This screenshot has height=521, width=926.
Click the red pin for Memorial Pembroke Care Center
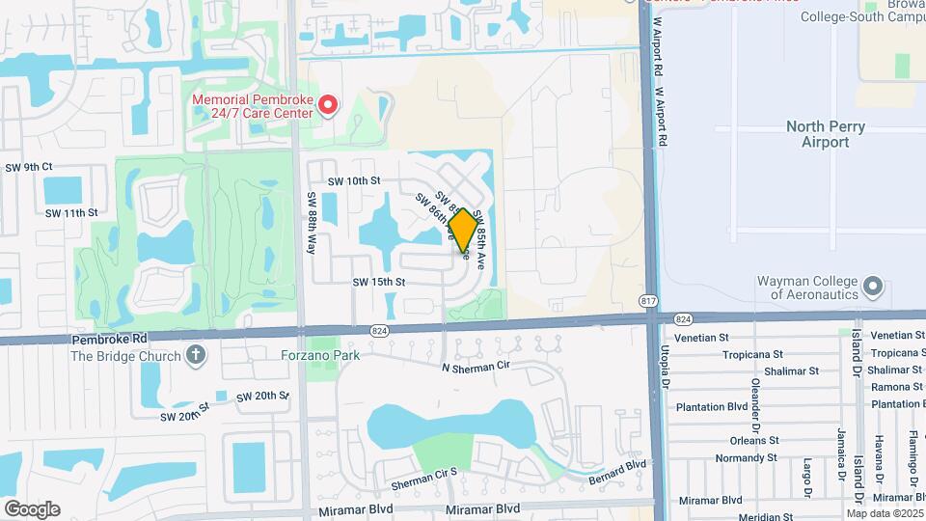[x=328, y=104]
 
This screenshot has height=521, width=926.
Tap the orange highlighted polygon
[x=462, y=231]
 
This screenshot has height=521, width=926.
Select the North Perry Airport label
[x=825, y=134]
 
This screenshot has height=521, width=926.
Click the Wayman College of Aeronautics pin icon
[x=873, y=287]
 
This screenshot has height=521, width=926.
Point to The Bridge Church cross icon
[x=196, y=355]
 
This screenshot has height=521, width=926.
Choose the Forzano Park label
[x=321, y=355]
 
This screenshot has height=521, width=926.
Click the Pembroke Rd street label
[x=107, y=340]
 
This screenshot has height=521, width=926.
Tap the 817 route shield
[x=649, y=303]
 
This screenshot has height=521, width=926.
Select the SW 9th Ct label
[x=28, y=167]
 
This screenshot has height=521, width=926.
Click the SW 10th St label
[x=354, y=180]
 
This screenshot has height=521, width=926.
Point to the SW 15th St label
[x=378, y=282]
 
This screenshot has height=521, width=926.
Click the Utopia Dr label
[x=665, y=363]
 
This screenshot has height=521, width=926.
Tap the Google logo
[x=32, y=508]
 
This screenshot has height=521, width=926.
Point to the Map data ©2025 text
[x=885, y=513]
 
